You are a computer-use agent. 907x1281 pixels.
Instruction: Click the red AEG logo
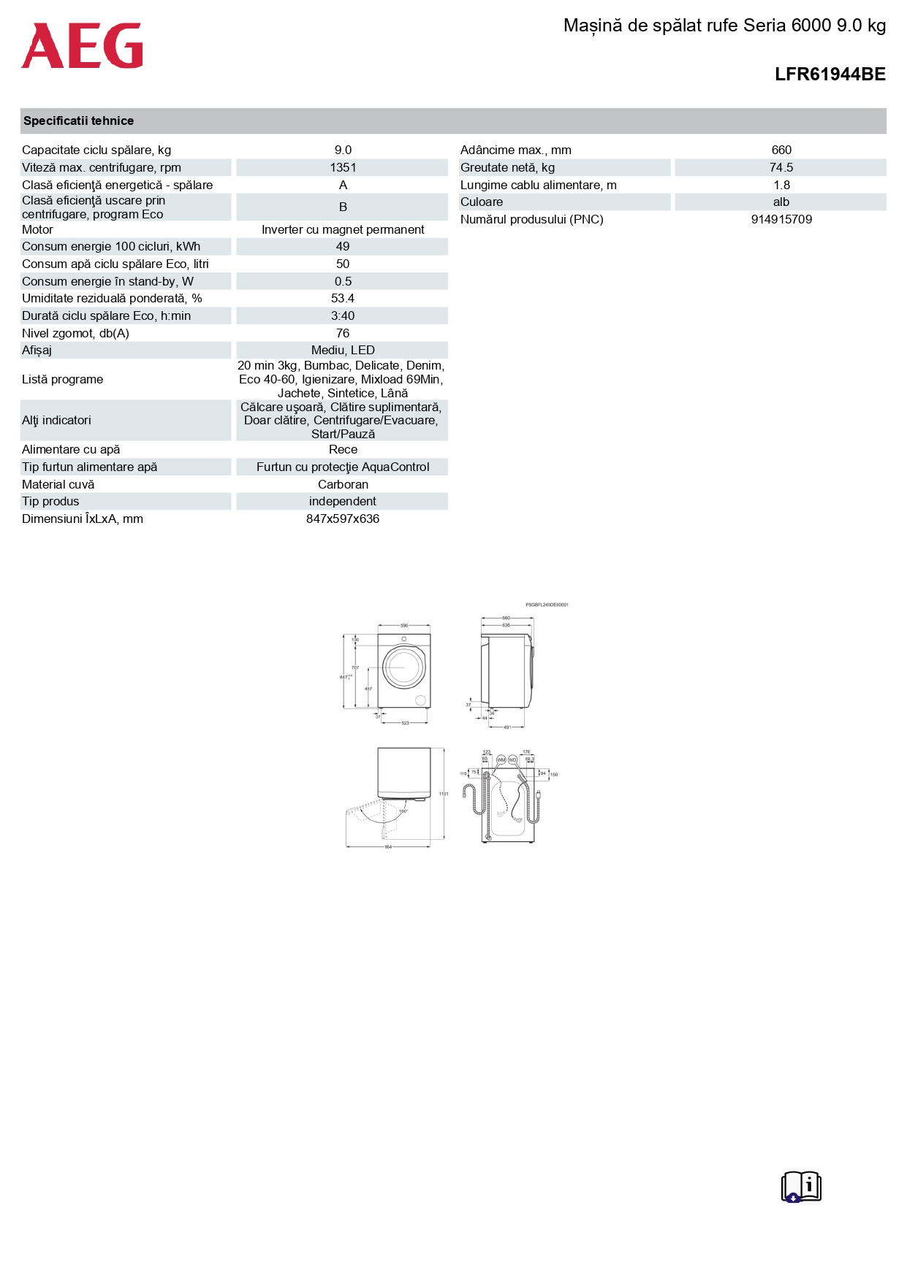click(x=82, y=46)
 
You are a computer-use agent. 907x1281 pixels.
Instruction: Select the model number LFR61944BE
click(x=830, y=74)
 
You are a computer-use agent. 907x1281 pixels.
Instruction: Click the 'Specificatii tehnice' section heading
click(x=78, y=121)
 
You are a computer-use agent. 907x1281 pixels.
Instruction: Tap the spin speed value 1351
click(x=343, y=168)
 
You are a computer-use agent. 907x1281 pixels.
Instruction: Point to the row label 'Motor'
click(x=38, y=230)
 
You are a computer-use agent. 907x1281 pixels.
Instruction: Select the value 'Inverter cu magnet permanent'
click(x=343, y=230)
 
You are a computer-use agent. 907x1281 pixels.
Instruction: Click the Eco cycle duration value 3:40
click(x=343, y=316)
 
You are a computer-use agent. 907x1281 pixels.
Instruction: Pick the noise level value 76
click(x=343, y=334)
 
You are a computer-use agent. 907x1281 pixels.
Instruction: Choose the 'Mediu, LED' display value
click(x=343, y=351)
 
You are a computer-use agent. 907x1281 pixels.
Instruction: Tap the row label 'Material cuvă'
click(x=58, y=485)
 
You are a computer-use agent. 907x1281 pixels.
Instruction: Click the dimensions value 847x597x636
click(x=343, y=519)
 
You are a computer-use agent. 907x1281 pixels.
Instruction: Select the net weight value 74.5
click(x=781, y=168)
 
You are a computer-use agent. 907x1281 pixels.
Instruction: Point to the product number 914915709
click(x=781, y=220)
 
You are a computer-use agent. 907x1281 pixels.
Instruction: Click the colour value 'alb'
click(x=781, y=202)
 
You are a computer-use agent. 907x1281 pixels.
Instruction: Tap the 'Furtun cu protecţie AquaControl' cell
click(x=343, y=467)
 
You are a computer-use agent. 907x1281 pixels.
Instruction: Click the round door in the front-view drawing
click(x=403, y=667)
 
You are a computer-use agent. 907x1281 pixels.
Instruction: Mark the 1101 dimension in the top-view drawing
click(x=444, y=794)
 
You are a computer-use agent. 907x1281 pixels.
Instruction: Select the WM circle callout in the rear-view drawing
click(x=501, y=760)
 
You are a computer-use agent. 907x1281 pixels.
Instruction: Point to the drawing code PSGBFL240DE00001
click(x=547, y=605)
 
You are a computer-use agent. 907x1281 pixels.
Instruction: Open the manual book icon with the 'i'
click(x=801, y=1187)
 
